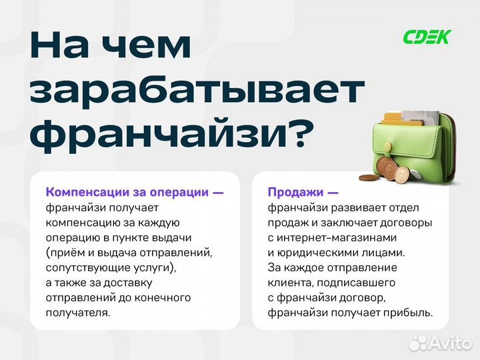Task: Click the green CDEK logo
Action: (x=427, y=37)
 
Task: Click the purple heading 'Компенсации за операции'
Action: (x=127, y=192)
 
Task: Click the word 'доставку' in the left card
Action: (x=121, y=282)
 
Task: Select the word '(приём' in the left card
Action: (x=63, y=252)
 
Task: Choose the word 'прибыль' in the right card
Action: (x=407, y=312)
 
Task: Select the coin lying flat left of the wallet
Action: (x=368, y=178)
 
